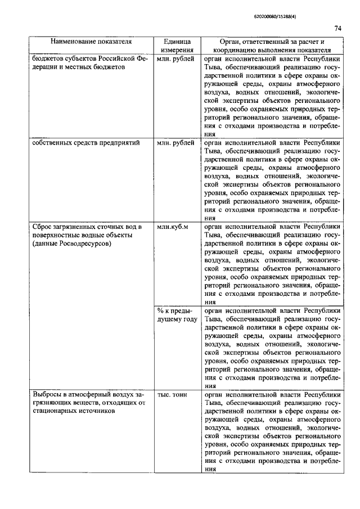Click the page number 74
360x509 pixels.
click(x=337, y=28)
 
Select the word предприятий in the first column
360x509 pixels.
click(x=120, y=143)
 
